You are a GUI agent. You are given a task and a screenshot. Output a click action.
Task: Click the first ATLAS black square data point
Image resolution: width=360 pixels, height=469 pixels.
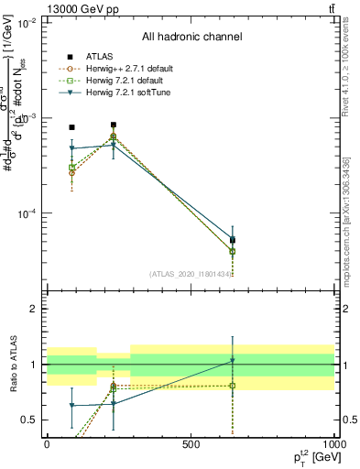pos(72,127)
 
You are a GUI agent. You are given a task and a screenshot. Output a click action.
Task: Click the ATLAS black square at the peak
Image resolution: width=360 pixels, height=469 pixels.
pos(114,125)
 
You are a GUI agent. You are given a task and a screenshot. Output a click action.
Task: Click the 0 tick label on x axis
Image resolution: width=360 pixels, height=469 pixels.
pos(47,444)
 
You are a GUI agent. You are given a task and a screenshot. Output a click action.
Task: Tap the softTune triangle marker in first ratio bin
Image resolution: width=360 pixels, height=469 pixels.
pos(72,405)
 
